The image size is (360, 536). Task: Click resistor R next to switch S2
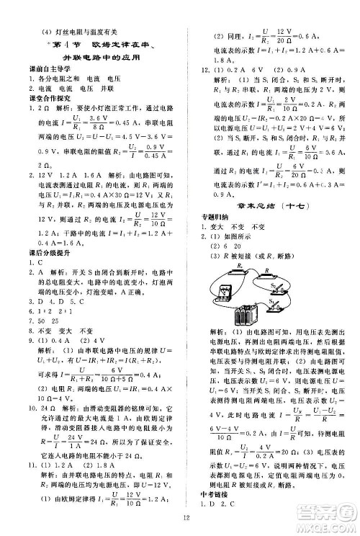[267, 276]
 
